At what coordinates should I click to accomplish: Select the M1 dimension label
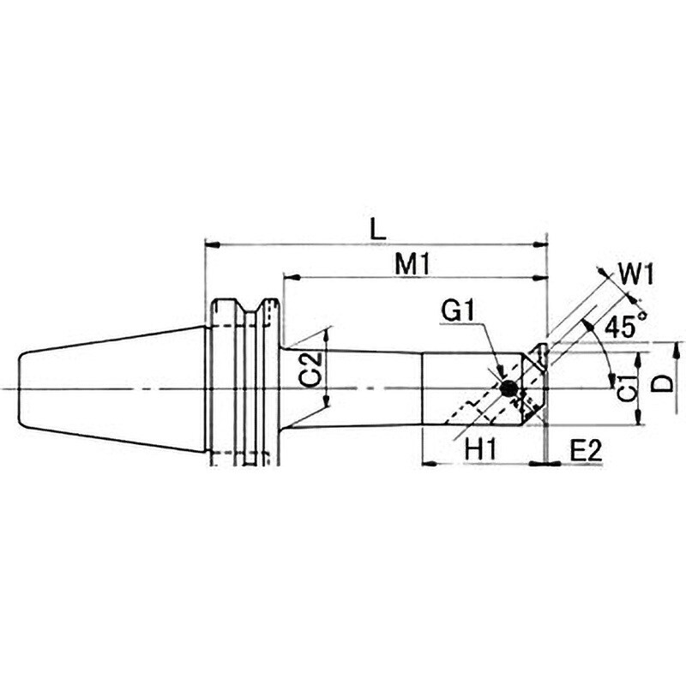(412, 264)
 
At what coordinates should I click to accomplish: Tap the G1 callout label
(458, 310)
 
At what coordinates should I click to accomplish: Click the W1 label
(636, 275)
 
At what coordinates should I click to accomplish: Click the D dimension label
(665, 383)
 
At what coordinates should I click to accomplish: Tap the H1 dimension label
(480, 449)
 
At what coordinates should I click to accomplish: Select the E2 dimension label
(587, 450)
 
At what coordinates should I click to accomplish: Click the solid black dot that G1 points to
(508, 388)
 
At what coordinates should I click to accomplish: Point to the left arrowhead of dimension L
(212, 244)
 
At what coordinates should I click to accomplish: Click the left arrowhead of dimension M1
(291, 277)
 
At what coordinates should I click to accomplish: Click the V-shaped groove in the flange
(250, 306)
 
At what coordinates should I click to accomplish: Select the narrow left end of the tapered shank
(21, 388)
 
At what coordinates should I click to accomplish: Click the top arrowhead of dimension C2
(327, 337)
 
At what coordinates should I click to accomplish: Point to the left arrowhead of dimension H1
(429, 463)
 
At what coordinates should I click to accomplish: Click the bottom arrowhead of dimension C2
(327, 400)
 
